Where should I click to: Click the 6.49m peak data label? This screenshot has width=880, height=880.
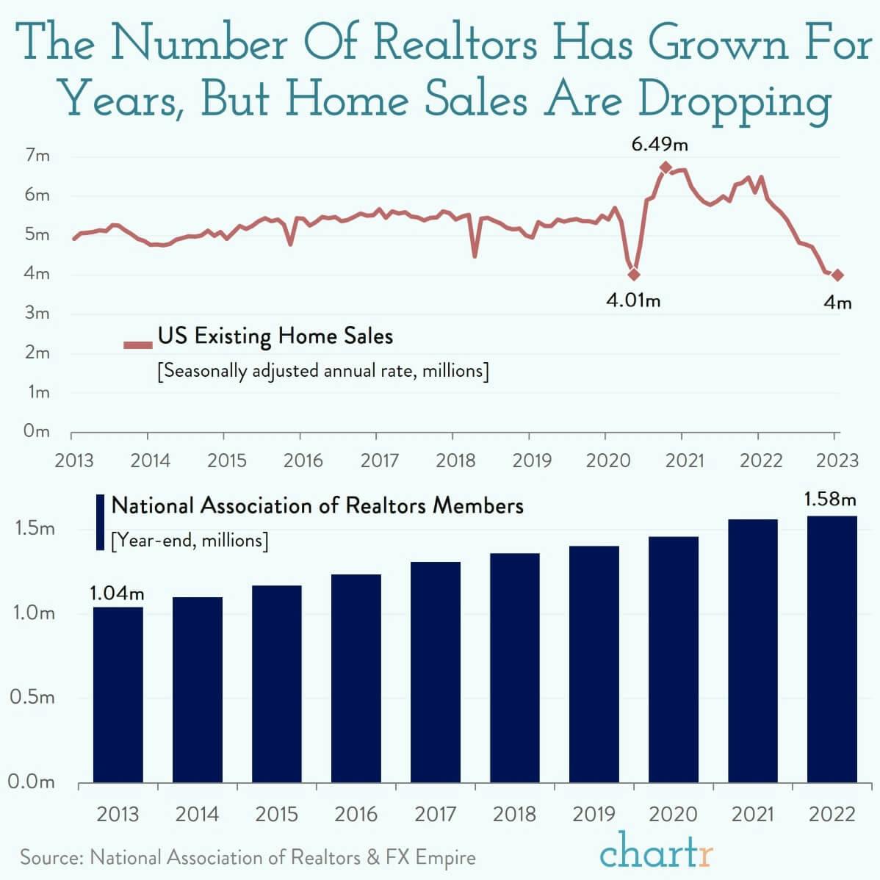(660, 145)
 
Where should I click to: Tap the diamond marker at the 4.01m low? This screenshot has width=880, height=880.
(634, 275)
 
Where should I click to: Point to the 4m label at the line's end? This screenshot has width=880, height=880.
(837, 302)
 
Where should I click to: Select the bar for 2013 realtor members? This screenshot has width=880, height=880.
(118, 694)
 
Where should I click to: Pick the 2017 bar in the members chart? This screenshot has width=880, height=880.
(436, 671)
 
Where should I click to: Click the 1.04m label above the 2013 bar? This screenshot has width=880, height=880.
(118, 592)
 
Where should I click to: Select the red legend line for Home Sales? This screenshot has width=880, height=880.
(138, 345)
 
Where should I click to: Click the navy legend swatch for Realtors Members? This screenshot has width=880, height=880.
(101, 522)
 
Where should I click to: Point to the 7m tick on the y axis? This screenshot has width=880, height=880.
(37, 156)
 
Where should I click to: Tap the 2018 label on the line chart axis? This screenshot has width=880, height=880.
(455, 461)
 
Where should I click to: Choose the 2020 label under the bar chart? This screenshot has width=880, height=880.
(673, 814)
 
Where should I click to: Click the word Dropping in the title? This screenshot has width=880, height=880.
(734, 101)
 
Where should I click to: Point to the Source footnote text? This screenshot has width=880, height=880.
(248, 857)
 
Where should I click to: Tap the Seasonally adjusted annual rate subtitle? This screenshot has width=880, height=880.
(323, 371)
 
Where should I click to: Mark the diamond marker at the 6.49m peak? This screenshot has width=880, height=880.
(666, 167)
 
